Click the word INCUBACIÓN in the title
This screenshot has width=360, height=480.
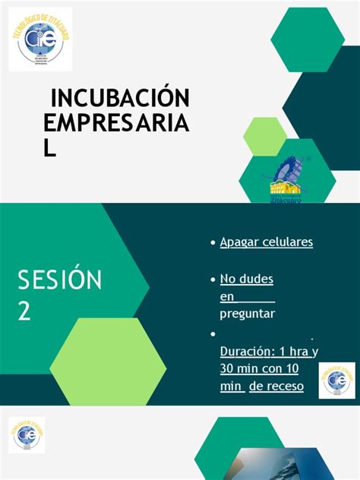coord(120,98)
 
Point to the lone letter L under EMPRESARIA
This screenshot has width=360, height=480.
coord(50,148)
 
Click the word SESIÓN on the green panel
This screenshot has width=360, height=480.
coord(60,280)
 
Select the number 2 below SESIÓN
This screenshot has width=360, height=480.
coord(25,311)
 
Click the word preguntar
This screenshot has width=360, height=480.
coord(247,313)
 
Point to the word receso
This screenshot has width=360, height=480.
coord(286,387)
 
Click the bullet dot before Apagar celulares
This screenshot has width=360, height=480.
coord(213,242)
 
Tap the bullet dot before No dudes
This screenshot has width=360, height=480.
coord(213,279)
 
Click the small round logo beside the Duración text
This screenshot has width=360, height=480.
coord(338,379)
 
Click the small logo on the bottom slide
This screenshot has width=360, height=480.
coord(27,436)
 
